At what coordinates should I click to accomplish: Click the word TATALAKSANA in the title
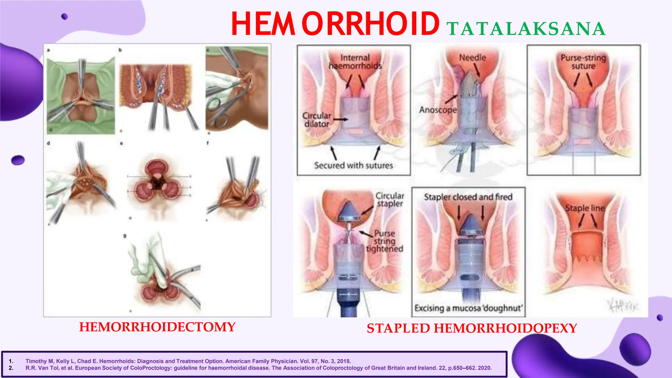point(526,29)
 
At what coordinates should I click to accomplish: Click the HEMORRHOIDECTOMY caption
point(157,327)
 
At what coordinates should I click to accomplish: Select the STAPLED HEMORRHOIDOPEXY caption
point(472,328)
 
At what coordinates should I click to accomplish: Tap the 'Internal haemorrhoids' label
point(355,62)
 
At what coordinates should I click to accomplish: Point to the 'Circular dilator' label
point(317,120)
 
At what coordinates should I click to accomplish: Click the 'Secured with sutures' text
point(353,165)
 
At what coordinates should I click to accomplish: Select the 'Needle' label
point(472,58)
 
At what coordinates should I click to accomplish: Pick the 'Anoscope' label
point(438,110)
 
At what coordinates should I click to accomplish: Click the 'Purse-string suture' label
point(583,62)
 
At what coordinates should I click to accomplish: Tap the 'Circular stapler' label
point(389,199)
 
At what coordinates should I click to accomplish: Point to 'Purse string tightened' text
point(385,241)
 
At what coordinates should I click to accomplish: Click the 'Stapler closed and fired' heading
point(468,197)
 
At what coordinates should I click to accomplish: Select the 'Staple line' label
point(584,208)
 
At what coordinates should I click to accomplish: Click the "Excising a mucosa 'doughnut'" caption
point(468,308)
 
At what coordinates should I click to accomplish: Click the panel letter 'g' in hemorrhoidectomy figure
point(125,236)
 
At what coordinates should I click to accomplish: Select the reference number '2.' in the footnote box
point(11,368)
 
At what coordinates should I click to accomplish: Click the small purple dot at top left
point(64,16)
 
